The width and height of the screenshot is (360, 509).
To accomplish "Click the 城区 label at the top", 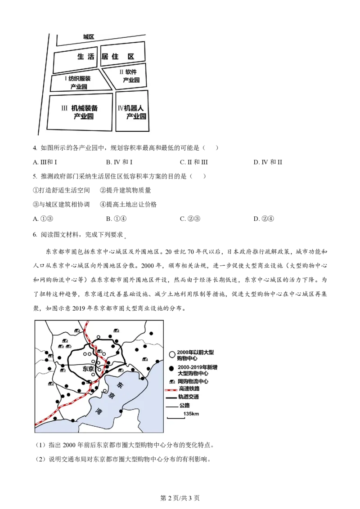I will tap(88, 37).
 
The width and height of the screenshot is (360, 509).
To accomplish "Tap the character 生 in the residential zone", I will tap(81, 57).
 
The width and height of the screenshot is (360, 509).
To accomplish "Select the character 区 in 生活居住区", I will tap(130, 57).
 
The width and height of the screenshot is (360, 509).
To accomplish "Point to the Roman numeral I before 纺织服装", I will tap(66, 78).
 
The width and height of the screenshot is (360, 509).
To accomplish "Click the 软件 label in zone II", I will tap(131, 72).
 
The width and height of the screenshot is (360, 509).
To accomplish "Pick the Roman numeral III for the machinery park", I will tap(64, 108).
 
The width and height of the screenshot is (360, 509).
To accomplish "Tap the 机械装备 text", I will tap(85, 108).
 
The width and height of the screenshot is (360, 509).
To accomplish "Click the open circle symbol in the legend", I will tap(171, 355).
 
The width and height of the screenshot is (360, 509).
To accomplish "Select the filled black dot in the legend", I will tap(171, 369).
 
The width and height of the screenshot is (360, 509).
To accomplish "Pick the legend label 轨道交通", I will tap(189, 397).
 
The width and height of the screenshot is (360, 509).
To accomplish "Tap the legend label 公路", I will tap(184, 405).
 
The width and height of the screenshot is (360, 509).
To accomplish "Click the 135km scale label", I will tap(191, 413).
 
